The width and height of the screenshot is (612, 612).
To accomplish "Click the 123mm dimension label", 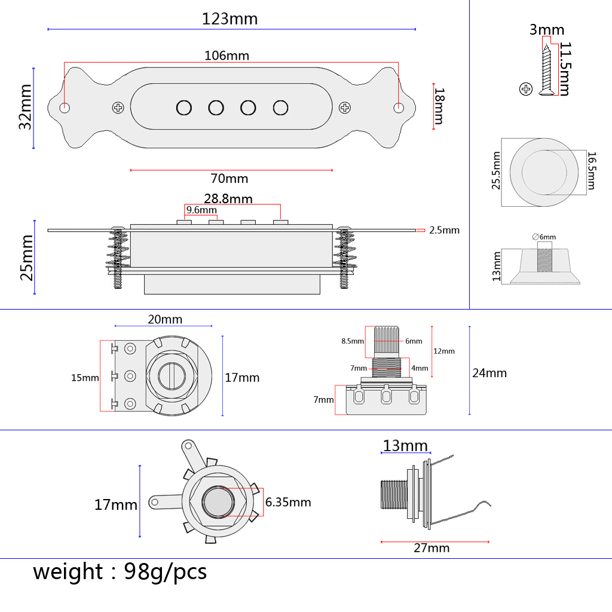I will click(x=229, y=19).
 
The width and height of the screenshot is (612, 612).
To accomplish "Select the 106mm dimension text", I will click(x=227, y=56).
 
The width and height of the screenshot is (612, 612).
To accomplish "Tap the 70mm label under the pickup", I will click(x=229, y=179).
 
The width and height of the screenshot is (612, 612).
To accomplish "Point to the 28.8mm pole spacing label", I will click(x=228, y=198).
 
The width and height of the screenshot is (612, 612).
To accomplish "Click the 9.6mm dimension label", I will click(x=201, y=210).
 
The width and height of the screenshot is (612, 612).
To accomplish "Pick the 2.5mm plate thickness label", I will click(x=445, y=230).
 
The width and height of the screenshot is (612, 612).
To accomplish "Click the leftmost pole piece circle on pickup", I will click(x=183, y=108).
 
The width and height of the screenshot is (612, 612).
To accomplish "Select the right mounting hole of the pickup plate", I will click(x=398, y=108).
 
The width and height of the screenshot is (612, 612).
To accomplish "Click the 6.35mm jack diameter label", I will click(x=288, y=502).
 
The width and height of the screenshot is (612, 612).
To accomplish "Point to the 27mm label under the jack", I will click(x=432, y=548).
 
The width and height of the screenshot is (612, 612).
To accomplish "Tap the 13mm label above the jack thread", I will click(x=405, y=446).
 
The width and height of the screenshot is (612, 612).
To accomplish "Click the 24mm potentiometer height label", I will click(x=489, y=373).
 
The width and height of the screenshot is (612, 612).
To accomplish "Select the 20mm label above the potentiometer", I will click(x=165, y=320).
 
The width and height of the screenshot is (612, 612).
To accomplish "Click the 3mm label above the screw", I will click(x=546, y=30).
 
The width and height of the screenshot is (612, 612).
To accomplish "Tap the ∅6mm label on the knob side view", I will click(x=544, y=237).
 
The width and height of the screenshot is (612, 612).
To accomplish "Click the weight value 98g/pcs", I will click(x=166, y=572).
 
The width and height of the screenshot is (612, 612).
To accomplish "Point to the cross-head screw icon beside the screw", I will click(x=526, y=89).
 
